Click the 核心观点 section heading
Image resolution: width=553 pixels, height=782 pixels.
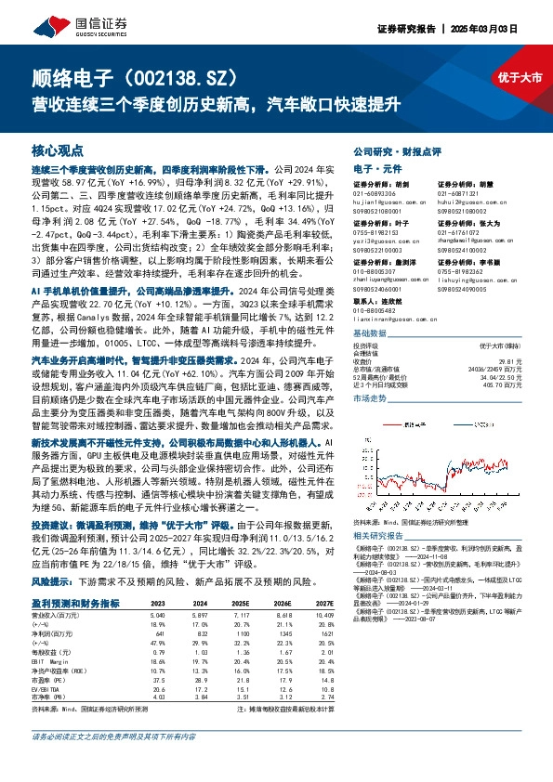pos(57,150)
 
